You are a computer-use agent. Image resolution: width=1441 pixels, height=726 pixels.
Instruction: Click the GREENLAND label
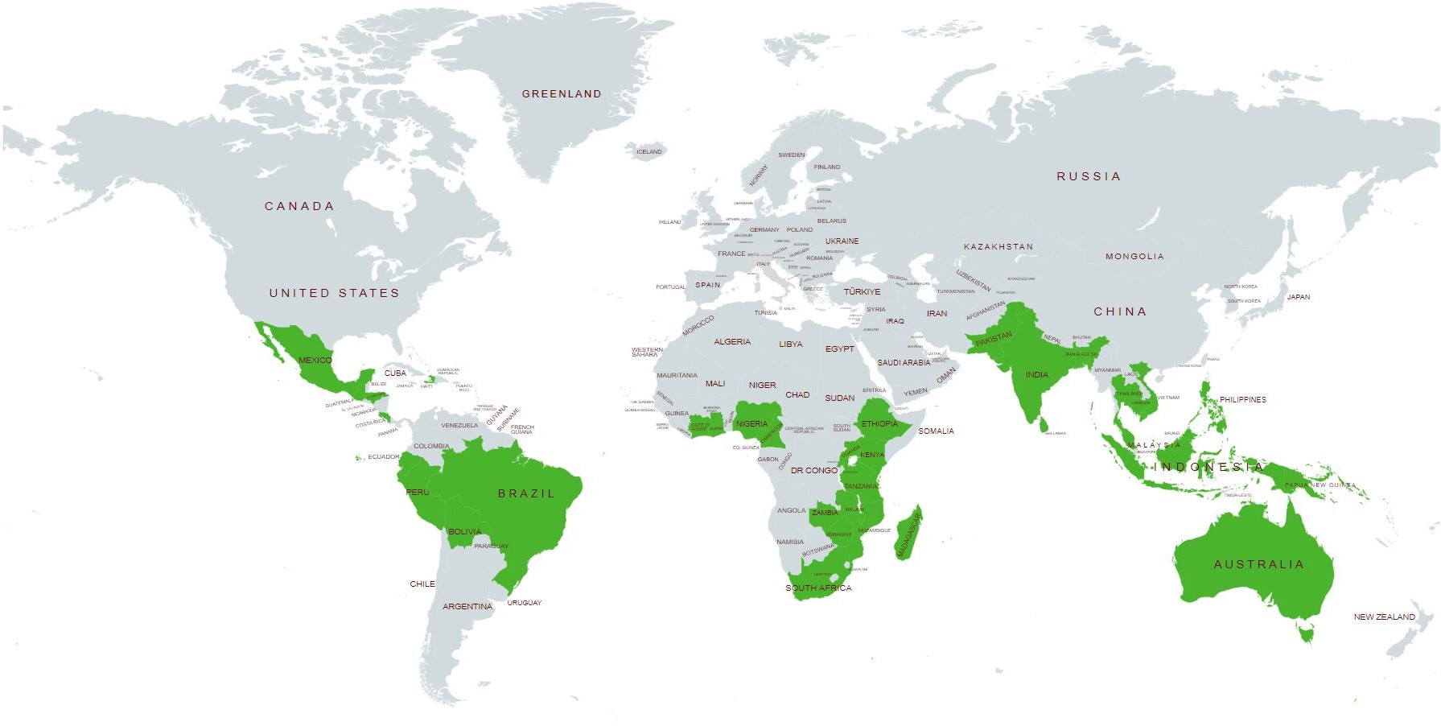pyautogui.click(x=562, y=94)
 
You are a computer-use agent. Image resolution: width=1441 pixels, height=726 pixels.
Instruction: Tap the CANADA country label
pyautogui.click(x=299, y=207)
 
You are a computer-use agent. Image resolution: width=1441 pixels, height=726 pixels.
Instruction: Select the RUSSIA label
pyautogui.click(x=1089, y=177)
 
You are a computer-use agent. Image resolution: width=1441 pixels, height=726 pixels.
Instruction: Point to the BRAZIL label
pyautogui.click(x=526, y=494)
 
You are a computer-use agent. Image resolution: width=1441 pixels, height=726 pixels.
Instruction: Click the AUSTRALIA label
pyautogui.click(x=1258, y=565)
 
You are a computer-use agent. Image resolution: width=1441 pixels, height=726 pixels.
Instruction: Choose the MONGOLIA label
pyautogui.click(x=1134, y=257)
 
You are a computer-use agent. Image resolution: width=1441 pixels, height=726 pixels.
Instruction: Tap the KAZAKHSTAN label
pyautogui.click(x=998, y=247)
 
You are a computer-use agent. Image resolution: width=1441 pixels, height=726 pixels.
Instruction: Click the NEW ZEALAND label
pyautogui.click(x=1384, y=617)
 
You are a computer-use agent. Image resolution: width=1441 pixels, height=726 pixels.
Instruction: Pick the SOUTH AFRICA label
pyautogui.click(x=818, y=588)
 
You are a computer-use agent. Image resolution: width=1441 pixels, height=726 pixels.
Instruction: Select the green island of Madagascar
pyautogui.click(x=908, y=534)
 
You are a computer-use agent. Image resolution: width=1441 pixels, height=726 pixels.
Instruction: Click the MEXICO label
pyautogui.click(x=315, y=361)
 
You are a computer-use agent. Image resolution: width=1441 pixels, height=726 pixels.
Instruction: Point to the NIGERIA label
pyautogui.click(x=751, y=424)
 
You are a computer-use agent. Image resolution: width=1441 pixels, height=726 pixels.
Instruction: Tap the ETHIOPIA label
pyautogui.click(x=879, y=424)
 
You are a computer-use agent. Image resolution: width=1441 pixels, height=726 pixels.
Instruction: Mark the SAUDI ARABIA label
pyautogui.click(x=904, y=363)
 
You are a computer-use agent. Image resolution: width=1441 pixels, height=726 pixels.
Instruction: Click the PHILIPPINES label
pyautogui.click(x=1242, y=400)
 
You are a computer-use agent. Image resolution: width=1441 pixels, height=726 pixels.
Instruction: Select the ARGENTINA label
pyautogui.click(x=467, y=607)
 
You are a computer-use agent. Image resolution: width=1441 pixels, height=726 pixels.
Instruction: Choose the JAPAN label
pyautogui.click(x=1299, y=297)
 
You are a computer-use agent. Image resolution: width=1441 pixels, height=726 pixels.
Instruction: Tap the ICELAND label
pyautogui.click(x=649, y=152)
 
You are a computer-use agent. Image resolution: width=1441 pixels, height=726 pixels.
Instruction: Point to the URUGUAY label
pyautogui.click(x=525, y=603)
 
